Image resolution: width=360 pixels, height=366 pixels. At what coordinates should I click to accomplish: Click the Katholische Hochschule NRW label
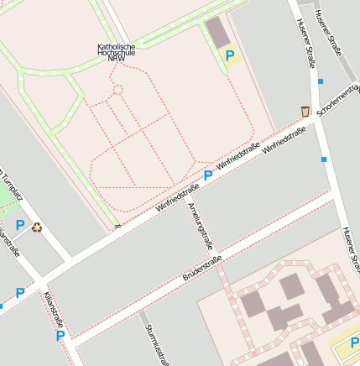click(x=117, y=52)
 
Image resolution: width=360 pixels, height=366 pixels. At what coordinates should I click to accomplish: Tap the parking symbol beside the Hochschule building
click(x=229, y=56)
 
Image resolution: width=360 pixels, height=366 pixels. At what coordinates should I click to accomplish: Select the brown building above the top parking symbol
click(x=217, y=32)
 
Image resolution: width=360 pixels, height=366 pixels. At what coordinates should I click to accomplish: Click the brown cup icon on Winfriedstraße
click(x=305, y=111)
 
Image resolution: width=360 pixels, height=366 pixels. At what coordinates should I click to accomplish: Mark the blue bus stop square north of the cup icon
click(x=321, y=81)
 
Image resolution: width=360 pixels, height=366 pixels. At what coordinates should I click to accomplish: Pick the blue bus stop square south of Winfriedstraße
click(x=323, y=159)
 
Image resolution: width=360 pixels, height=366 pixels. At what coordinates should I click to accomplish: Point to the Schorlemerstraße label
click(x=338, y=101)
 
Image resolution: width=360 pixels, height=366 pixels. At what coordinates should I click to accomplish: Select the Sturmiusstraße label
click(x=157, y=346)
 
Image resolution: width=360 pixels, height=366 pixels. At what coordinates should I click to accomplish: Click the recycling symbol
click(x=37, y=226)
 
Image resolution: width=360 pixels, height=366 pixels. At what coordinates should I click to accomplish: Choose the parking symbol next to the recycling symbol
click(x=20, y=225)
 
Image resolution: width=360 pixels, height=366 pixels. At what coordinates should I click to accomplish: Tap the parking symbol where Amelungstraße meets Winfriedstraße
click(x=207, y=175)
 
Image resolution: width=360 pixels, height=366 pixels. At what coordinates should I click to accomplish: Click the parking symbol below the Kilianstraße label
click(x=60, y=336)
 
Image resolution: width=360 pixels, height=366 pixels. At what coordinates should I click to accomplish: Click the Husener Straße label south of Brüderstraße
click(x=351, y=250)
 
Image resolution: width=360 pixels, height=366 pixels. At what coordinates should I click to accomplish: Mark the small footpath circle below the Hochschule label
click(x=117, y=89)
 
